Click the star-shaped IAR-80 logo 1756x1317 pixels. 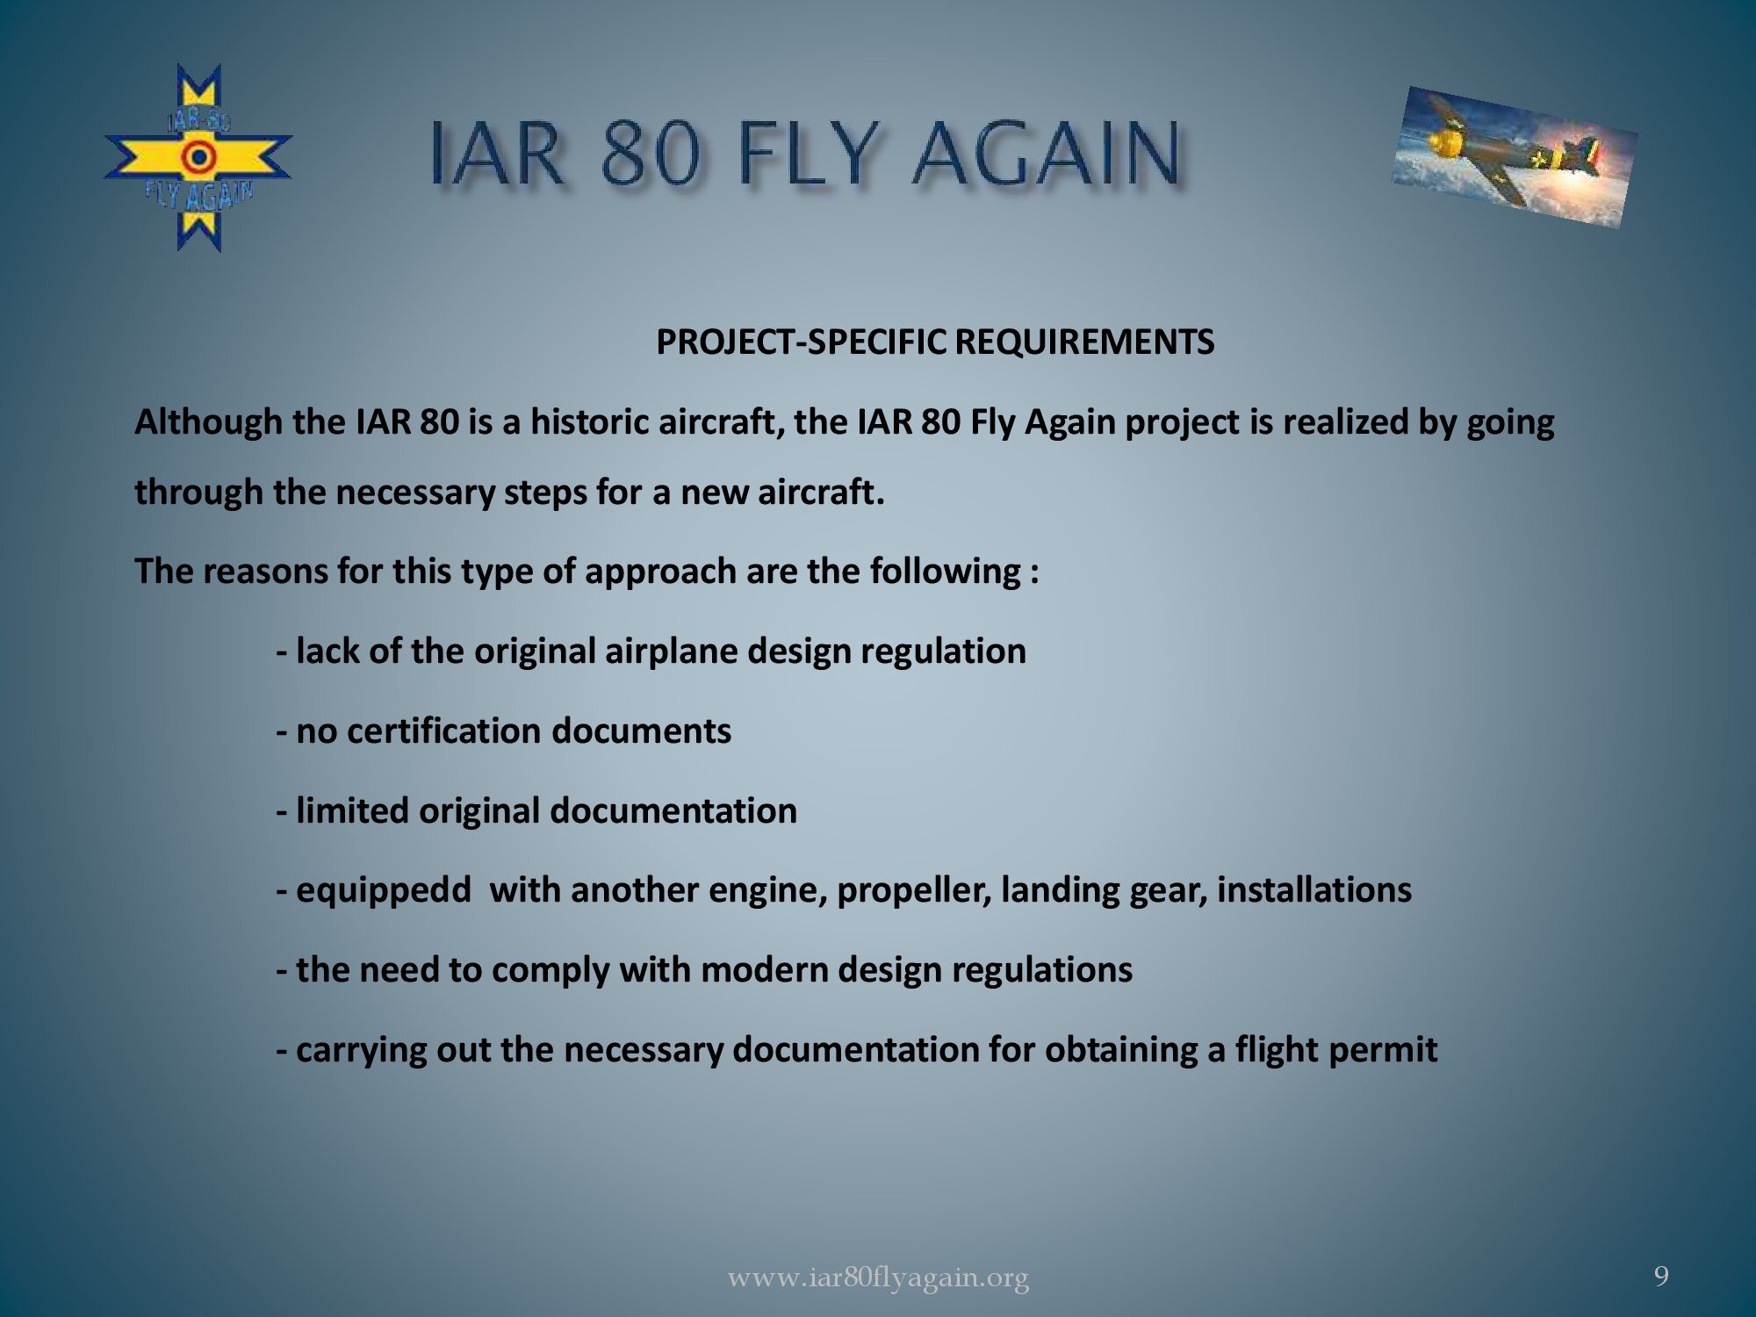[198, 158]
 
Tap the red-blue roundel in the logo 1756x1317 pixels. [198, 158]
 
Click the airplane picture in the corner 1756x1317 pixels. [1514, 157]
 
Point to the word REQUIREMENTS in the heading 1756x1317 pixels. [1084, 342]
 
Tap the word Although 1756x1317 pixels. [209, 422]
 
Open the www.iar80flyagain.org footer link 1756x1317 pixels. [878, 1277]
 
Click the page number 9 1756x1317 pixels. [1661, 1276]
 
